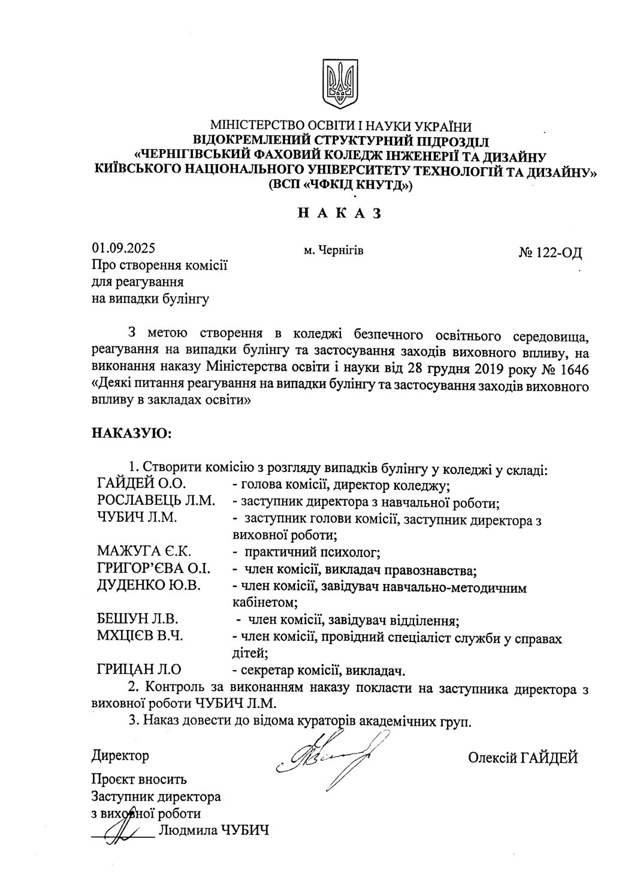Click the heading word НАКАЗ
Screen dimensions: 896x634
point(339,214)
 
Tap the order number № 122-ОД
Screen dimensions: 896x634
point(550,252)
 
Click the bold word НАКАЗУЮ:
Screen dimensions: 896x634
point(131,432)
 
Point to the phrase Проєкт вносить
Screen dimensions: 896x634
point(139,780)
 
